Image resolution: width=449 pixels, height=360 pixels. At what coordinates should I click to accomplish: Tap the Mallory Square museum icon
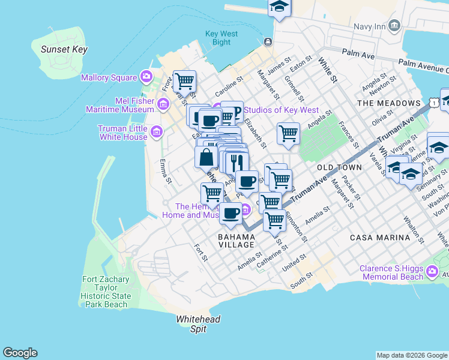[x=146, y=77]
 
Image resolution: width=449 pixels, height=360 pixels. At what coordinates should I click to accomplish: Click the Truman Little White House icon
[x=157, y=131]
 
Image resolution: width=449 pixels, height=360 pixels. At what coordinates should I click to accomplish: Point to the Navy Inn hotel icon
[x=394, y=25]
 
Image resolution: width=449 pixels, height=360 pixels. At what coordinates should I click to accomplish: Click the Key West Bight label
[x=217, y=38]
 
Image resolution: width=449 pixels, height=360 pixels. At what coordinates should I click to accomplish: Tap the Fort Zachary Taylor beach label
[x=105, y=292]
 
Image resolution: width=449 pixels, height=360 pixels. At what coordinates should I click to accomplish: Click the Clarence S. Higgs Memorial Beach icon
[x=432, y=273]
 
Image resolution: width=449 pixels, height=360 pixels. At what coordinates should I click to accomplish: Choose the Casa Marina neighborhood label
[x=380, y=238]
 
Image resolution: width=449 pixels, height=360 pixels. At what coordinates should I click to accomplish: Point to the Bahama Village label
[x=237, y=241]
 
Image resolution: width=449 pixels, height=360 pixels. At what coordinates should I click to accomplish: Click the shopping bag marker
[x=206, y=157]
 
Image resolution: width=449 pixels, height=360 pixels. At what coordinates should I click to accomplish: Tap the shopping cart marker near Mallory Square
[x=184, y=80]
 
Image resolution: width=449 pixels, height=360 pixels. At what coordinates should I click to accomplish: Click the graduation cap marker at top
[x=279, y=6]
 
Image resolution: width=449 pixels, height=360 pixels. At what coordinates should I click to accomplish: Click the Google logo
[x=20, y=353]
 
